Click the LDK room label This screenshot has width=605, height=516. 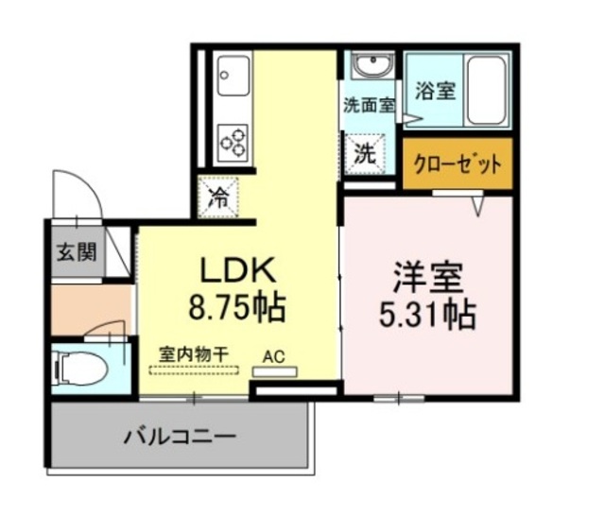pos(236,270)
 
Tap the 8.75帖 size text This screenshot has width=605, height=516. pos(236,308)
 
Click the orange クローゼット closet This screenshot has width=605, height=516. pos(458,163)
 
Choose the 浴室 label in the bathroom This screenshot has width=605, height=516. pos(435,92)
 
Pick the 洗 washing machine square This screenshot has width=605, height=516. pos(365,154)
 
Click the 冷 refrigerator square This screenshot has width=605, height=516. pos(218,198)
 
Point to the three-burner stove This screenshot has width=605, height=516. pos(233,140)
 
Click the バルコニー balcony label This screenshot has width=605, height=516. pos(180,438)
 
